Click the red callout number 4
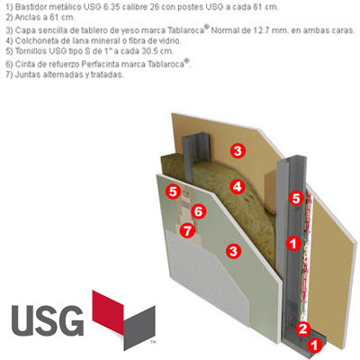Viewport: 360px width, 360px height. click(x=238, y=186)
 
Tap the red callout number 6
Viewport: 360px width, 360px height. click(x=198, y=211)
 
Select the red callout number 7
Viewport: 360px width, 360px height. click(x=187, y=230)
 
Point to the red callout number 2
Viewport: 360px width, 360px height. click(x=302, y=328)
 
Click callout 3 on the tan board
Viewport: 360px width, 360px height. click(x=238, y=150)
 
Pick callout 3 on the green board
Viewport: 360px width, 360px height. click(x=234, y=251)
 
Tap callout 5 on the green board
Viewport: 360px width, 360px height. click(x=173, y=192)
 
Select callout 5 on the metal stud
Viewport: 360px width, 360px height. click(x=296, y=198)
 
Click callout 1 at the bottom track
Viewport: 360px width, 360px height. click(x=314, y=346)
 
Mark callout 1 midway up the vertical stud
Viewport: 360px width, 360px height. click(x=293, y=243)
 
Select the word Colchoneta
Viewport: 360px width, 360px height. click(x=32, y=40)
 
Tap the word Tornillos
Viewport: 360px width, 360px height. click(x=30, y=51)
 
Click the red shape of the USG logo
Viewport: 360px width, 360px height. click(x=108, y=312)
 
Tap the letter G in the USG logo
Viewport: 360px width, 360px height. click(x=72, y=320)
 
